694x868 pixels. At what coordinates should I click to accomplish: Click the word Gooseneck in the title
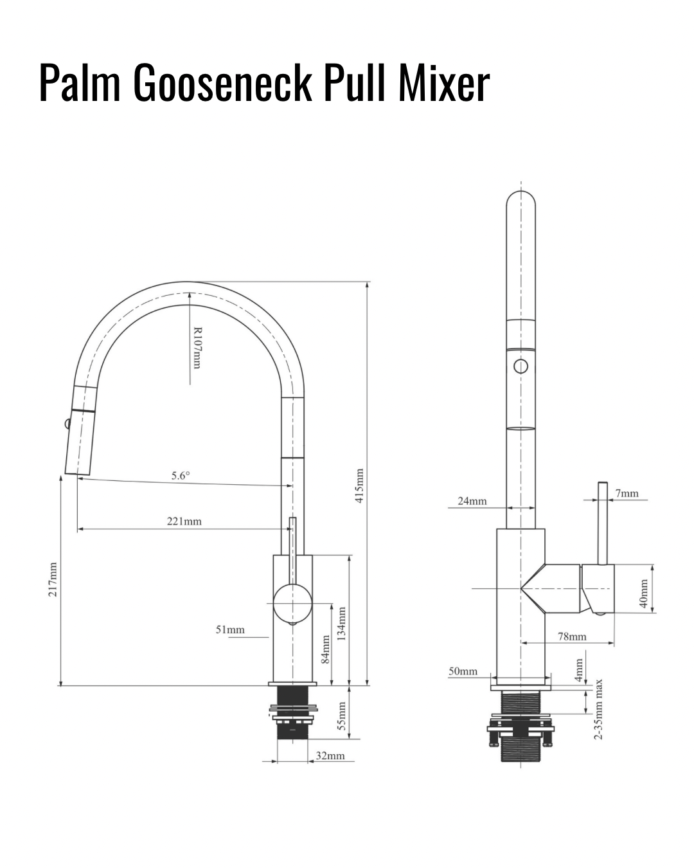222,83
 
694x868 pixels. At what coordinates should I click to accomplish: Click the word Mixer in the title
444,83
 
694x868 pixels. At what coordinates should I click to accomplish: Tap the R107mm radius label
197,348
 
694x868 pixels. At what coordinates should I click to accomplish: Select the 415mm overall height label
359,485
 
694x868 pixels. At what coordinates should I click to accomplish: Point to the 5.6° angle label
181,476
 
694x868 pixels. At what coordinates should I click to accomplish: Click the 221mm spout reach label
184,521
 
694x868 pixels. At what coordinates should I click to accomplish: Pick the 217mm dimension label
53,579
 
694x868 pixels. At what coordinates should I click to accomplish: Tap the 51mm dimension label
230,629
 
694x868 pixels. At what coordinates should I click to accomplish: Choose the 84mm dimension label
326,649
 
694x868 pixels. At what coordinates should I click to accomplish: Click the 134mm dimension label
342,624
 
